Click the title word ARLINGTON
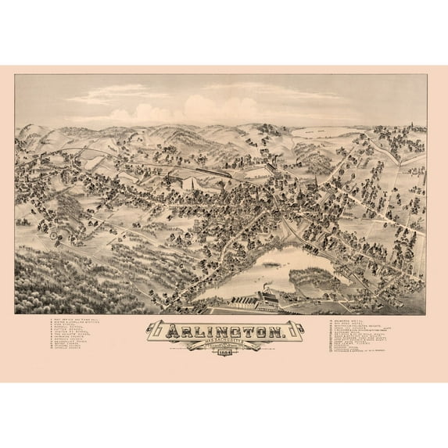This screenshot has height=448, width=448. pyautogui.click(x=224, y=332)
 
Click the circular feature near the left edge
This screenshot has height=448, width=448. pyautogui.click(x=52, y=232)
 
